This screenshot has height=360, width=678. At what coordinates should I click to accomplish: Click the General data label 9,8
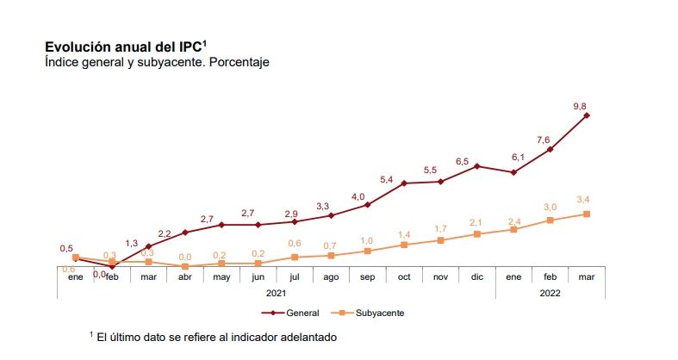click(x=579, y=106)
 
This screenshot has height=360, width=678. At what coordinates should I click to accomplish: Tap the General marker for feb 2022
click(x=550, y=150)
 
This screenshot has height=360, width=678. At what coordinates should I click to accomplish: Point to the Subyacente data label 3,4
click(x=582, y=201)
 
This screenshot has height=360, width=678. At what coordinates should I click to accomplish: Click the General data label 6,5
click(x=463, y=161)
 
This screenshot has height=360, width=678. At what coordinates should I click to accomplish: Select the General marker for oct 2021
click(x=404, y=183)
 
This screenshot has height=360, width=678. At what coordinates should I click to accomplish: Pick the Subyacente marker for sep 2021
click(x=368, y=251)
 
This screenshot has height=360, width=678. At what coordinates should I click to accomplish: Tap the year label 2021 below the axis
click(x=276, y=293)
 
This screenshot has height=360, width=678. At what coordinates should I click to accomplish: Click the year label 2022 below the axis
click(x=550, y=293)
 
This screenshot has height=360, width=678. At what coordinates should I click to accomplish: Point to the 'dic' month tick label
click(x=476, y=277)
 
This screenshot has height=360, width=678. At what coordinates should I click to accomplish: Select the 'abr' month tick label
click(x=185, y=277)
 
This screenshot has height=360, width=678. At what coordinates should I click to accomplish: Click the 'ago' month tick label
click(x=331, y=277)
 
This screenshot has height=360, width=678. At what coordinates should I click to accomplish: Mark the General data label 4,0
click(x=358, y=197)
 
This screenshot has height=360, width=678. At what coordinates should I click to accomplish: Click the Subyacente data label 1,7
click(x=440, y=228)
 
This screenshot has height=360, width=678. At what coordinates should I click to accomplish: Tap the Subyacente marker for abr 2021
click(x=185, y=266)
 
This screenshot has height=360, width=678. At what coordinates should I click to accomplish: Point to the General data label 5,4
click(x=387, y=179)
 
